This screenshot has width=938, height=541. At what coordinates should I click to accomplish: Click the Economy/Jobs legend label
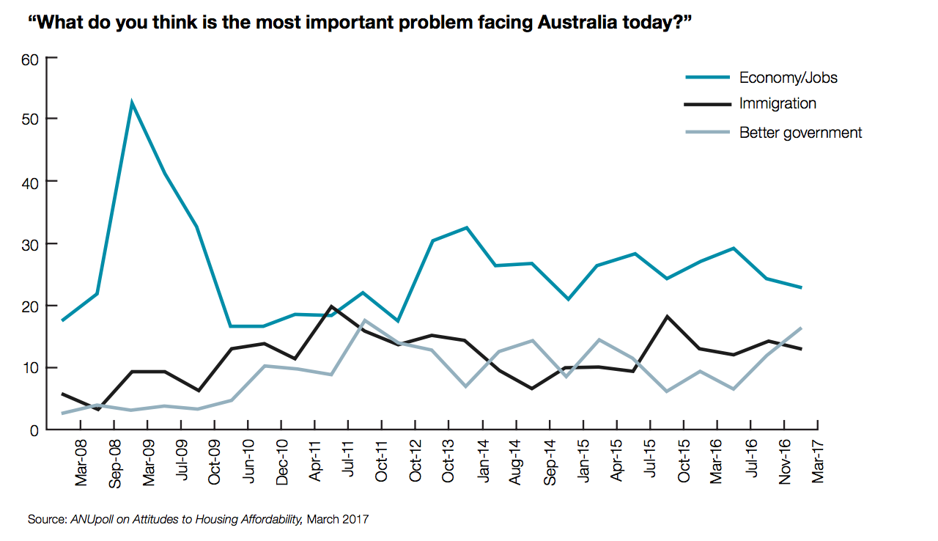tap(788, 78)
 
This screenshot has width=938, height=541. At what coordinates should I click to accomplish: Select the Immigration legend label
tap(778, 103)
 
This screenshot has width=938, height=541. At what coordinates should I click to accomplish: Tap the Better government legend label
tap(800, 133)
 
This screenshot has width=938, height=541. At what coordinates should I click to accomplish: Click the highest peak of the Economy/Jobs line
tap(131, 103)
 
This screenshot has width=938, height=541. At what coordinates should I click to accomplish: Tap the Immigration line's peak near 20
tap(331, 306)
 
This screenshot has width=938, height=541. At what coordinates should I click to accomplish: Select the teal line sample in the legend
tap(707, 77)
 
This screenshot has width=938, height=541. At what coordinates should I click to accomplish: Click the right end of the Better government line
tap(801, 328)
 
